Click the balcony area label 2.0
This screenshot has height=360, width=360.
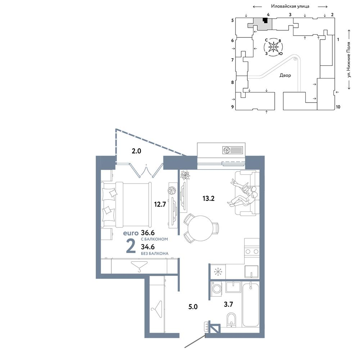tap(136, 151)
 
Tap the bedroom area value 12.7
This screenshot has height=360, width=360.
tap(160, 204)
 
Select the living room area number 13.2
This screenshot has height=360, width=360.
tap(208, 198)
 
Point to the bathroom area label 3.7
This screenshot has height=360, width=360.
tap(229, 305)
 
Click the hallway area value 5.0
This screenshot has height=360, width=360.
tap(193, 307)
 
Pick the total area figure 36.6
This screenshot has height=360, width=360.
tap(148, 233)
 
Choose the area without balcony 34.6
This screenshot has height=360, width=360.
tap(148, 247)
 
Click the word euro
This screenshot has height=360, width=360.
tap(131, 233)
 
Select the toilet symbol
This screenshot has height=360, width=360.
tap(231, 319)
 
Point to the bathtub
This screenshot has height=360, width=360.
tap(251, 304)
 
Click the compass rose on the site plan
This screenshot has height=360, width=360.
tap(274, 47)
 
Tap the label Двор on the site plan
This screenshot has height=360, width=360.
tap(285, 75)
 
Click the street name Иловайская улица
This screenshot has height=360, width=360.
tap(290, 6)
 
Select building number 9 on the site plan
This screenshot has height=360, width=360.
tap(233, 107)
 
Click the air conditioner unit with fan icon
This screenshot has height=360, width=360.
tap(233, 150)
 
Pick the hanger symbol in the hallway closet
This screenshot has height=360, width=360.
tap(157, 310)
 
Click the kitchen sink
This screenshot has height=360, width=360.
tap(251, 271)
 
